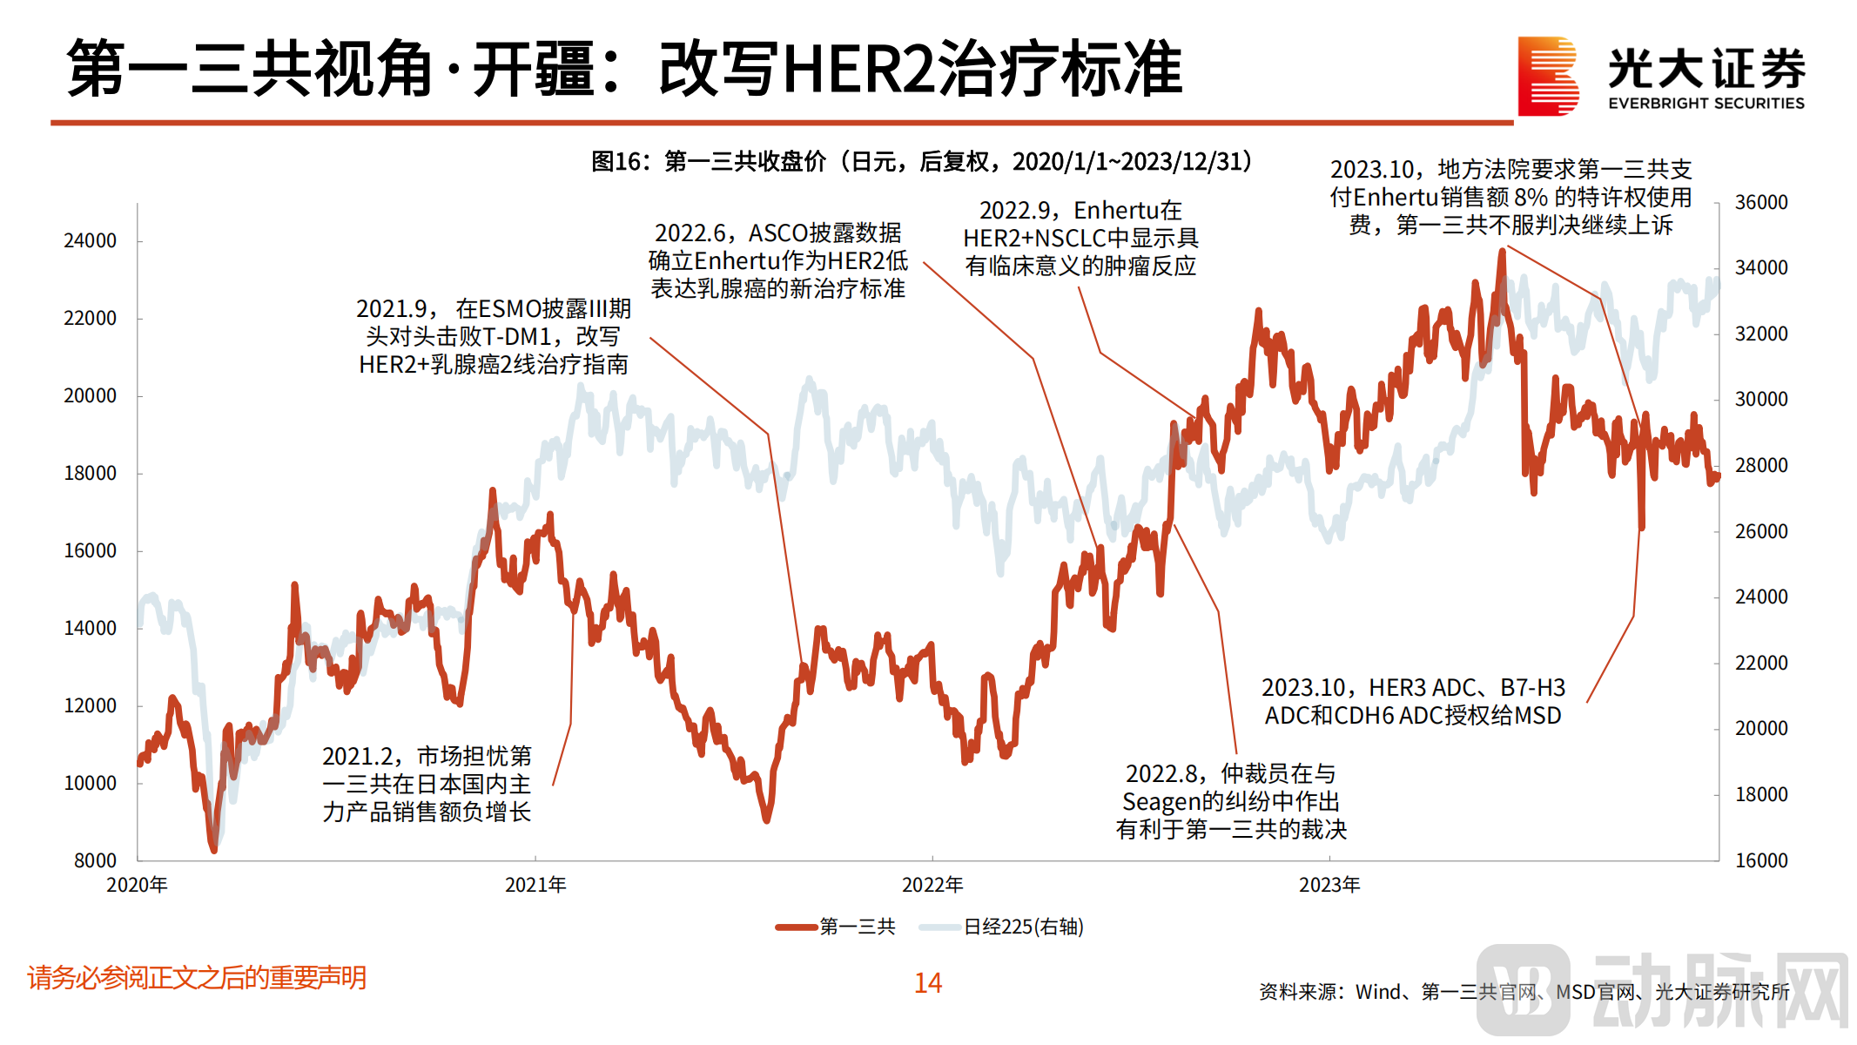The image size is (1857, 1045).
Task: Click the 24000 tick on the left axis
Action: [x=90, y=241]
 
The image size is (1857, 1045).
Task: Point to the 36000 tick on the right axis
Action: [x=1760, y=203]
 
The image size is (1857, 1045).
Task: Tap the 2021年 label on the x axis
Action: [x=535, y=885]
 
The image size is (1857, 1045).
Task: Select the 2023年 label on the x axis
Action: [x=1329, y=885]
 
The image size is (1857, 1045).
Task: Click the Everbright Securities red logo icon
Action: [x=1548, y=76]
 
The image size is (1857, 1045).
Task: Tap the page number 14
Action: [x=928, y=983]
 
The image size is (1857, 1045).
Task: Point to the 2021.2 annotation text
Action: [x=427, y=784]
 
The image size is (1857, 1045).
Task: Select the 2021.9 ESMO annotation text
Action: [x=494, y=337]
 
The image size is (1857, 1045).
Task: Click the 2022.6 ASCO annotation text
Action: [x=778, y=260]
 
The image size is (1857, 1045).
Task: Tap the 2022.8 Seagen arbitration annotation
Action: [x=1231, y=801]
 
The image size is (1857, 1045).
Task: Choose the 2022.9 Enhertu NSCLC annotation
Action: [x=1080, y=238]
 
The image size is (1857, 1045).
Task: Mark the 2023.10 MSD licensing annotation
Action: [x=1413, y=702]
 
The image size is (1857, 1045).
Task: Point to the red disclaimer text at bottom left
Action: [x=197, y=978]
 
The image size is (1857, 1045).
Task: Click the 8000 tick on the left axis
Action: [x=95, y=861]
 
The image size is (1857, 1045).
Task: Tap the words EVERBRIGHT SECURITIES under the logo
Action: [x=1706, y=104]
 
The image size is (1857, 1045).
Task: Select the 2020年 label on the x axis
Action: [x=137, y=885]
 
